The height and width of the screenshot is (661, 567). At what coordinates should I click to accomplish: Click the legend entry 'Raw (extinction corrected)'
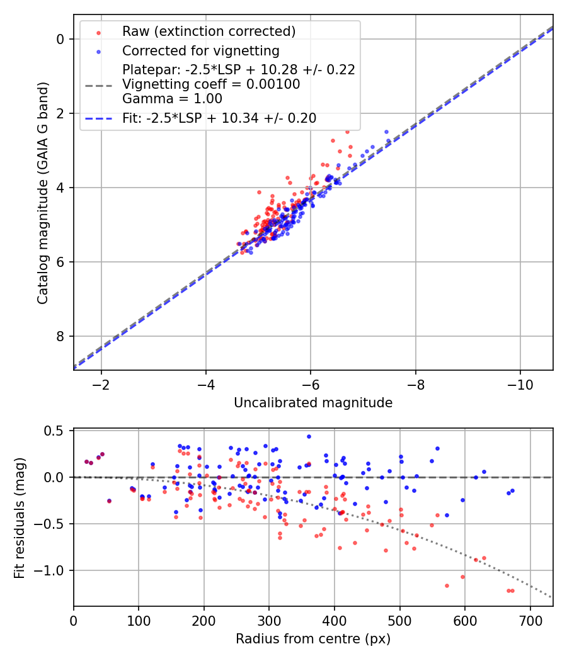209,31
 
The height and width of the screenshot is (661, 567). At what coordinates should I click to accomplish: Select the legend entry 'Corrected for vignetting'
201,50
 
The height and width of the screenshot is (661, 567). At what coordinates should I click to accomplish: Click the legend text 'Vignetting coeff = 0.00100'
211,84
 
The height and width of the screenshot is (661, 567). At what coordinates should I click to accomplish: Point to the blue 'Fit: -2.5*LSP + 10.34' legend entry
219,118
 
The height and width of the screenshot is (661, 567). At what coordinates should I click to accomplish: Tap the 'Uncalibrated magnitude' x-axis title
313,403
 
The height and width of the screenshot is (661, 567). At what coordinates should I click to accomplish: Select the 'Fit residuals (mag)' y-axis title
20,517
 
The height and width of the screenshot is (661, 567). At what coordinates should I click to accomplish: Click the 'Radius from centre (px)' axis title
313,639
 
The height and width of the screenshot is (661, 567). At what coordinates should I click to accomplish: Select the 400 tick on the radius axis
335,619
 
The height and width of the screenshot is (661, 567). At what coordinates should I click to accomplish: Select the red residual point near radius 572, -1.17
447,585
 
